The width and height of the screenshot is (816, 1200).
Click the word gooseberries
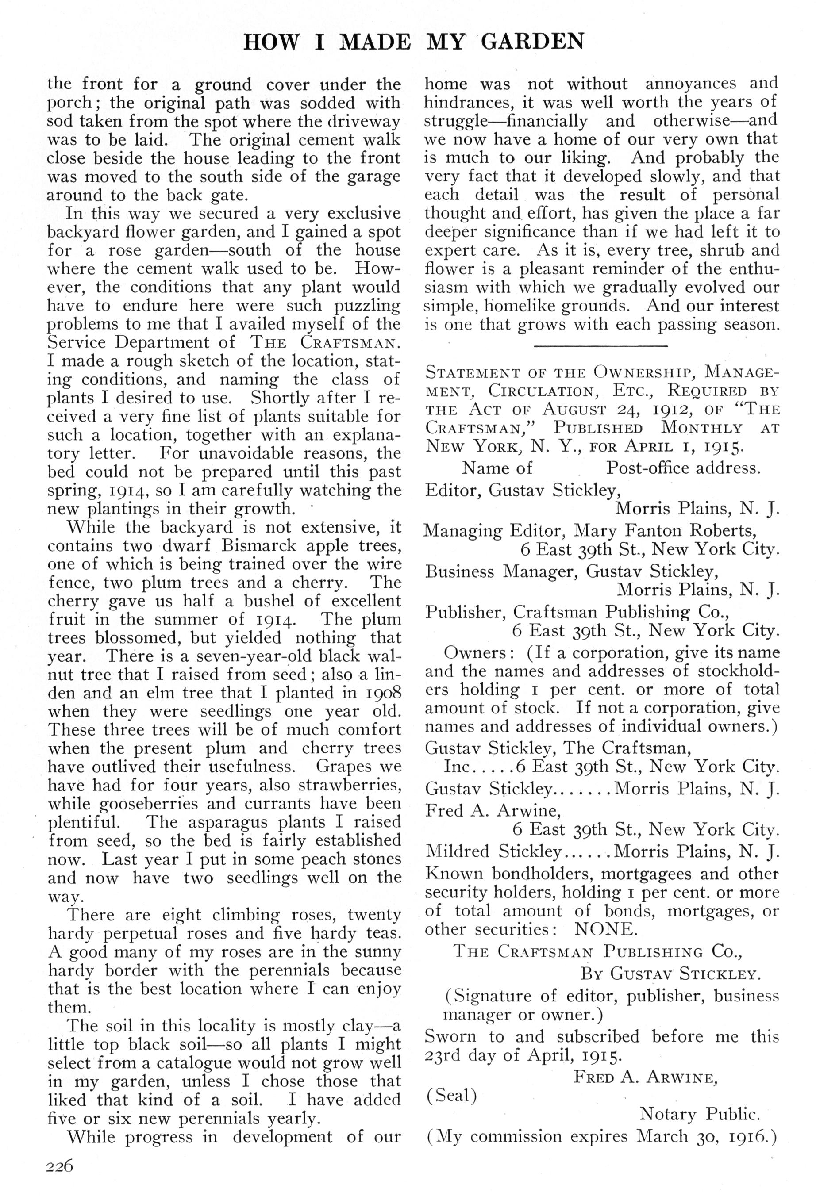(141, 803)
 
